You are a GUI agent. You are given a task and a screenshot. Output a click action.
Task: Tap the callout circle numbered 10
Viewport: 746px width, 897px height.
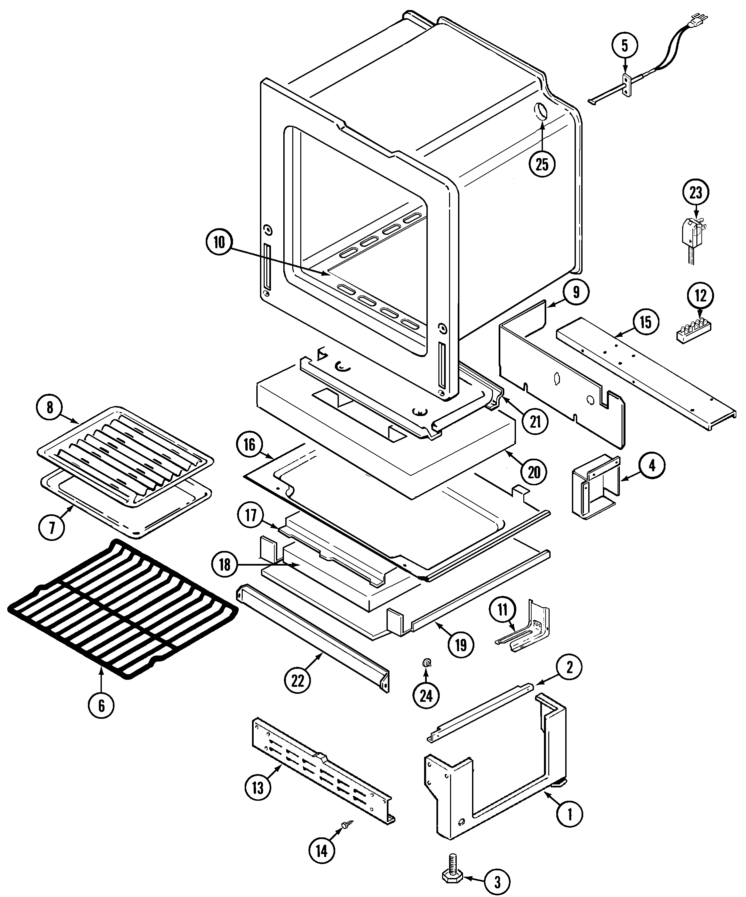tap(218, 242)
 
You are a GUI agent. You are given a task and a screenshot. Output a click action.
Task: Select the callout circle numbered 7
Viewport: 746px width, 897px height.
tap(52, 528)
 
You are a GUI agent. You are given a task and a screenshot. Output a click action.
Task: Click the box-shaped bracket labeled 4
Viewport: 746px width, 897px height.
tap(595, 487)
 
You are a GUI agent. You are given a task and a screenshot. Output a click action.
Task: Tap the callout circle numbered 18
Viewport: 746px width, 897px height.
tap(224, 565)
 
